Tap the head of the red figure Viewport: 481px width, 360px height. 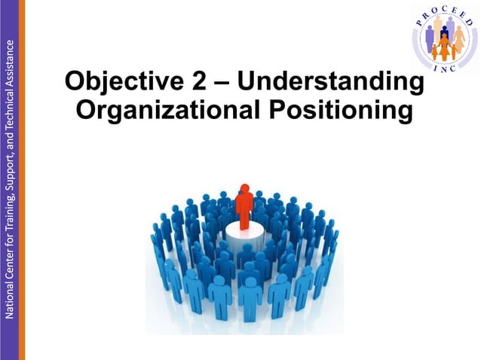243,188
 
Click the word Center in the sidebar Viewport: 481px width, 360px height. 8,256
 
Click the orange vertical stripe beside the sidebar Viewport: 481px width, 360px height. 21,180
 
